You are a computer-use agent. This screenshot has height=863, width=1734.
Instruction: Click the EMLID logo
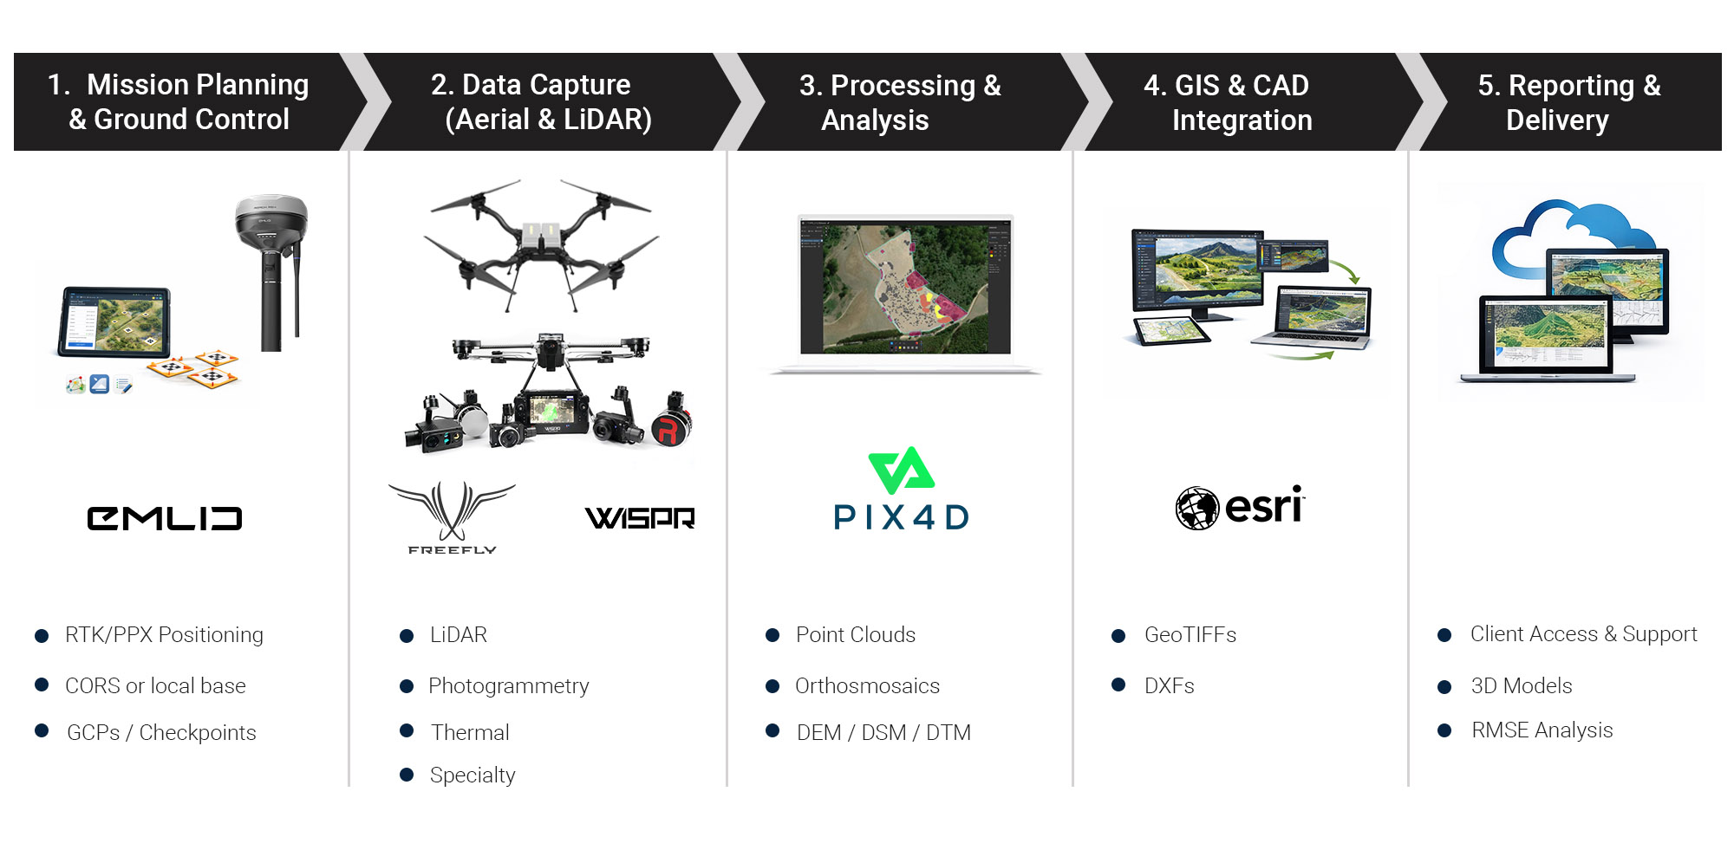165,518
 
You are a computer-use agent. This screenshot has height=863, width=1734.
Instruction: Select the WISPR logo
640,518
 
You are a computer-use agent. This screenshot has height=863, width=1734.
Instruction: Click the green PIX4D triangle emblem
901,470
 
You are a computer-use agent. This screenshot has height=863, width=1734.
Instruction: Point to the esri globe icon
1196,508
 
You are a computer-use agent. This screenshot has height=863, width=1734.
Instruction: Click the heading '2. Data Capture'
531,85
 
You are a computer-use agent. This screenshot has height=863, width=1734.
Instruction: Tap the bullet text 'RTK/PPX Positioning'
164,635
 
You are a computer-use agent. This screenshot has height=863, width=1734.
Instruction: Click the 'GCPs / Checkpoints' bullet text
161,733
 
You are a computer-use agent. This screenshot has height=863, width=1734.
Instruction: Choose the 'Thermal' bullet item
470,733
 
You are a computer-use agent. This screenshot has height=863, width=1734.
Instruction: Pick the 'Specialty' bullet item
473,775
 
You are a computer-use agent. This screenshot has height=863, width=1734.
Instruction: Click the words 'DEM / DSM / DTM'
883,733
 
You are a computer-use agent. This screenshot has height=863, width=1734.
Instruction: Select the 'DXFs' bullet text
1169,686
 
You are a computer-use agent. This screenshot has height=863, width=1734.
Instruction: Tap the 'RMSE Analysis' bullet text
1542,730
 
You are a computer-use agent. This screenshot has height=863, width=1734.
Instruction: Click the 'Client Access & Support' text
1583,634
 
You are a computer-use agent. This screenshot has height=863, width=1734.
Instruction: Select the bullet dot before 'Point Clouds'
772,635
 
